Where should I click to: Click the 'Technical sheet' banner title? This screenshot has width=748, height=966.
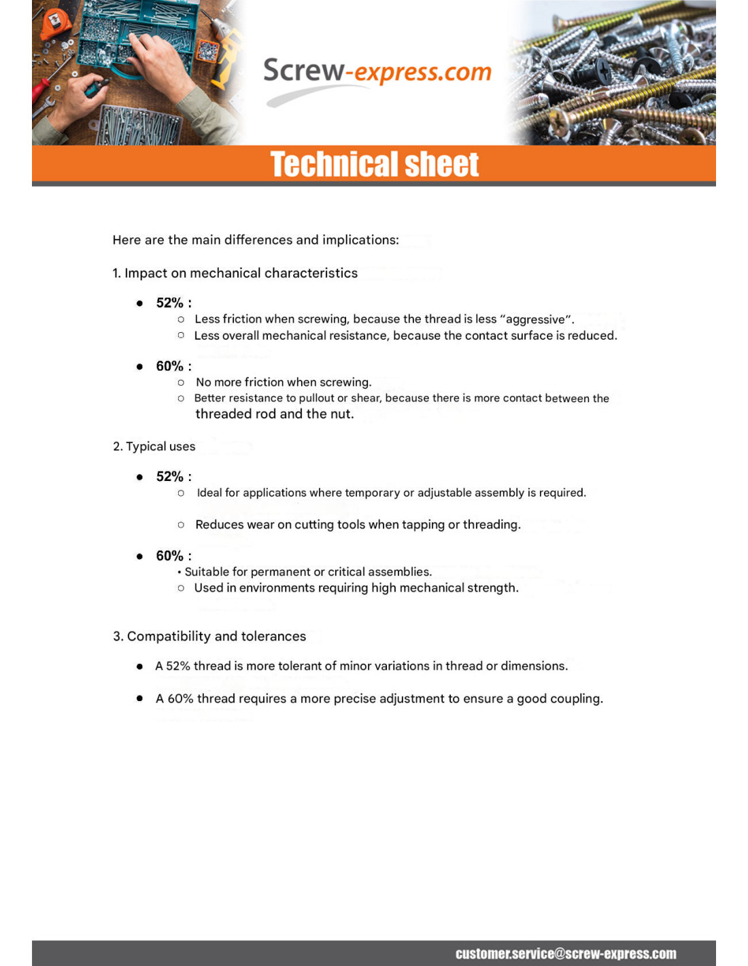point(375,164)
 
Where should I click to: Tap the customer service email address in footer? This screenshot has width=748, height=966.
point(566,953)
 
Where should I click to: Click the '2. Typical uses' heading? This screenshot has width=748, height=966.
point(154,446)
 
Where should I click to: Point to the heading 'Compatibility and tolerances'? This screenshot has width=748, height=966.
point(209,636)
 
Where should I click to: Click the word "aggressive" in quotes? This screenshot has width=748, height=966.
point(535,319)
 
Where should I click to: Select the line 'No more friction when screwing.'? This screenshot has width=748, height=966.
point(283,382)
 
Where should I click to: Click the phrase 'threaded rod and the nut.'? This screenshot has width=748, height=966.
point(274,414)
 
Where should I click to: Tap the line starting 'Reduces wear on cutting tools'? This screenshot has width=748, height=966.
point(358,524)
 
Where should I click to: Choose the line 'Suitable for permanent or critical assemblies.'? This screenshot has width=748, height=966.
point(307,572)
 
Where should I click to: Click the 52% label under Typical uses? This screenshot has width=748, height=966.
point(170,476)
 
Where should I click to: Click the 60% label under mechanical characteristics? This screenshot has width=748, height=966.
point(170,366)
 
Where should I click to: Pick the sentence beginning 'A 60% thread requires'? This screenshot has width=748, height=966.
point(379,698)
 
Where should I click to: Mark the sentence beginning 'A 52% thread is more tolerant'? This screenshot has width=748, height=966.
point(361,666)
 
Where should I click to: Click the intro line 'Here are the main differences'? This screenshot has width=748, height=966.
point(256,240)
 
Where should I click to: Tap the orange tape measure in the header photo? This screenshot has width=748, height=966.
point(54,24)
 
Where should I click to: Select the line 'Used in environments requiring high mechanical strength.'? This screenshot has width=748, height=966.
point(356,588)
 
